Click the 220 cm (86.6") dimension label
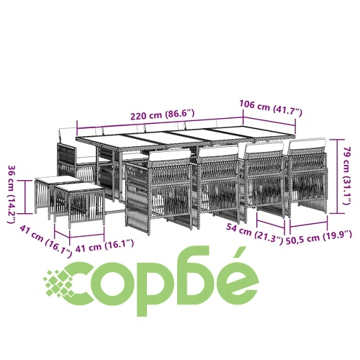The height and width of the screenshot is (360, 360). tap(162, 114)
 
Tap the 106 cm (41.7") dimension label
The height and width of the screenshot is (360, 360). tap(271, 108)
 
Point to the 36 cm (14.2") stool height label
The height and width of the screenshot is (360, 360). tap(12, 194)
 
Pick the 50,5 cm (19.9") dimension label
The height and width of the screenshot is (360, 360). tap(319, 237)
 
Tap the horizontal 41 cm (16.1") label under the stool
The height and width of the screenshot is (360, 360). tap(104, 246)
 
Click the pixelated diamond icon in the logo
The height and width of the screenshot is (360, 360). tap(59, 284)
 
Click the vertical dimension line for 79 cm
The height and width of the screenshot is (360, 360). tap(337, 176)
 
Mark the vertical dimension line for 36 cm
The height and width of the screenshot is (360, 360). tap(25, 197)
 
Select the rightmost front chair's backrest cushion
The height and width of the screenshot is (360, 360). tap(307, 145)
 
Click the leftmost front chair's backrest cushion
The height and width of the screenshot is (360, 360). tap(170, 157)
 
